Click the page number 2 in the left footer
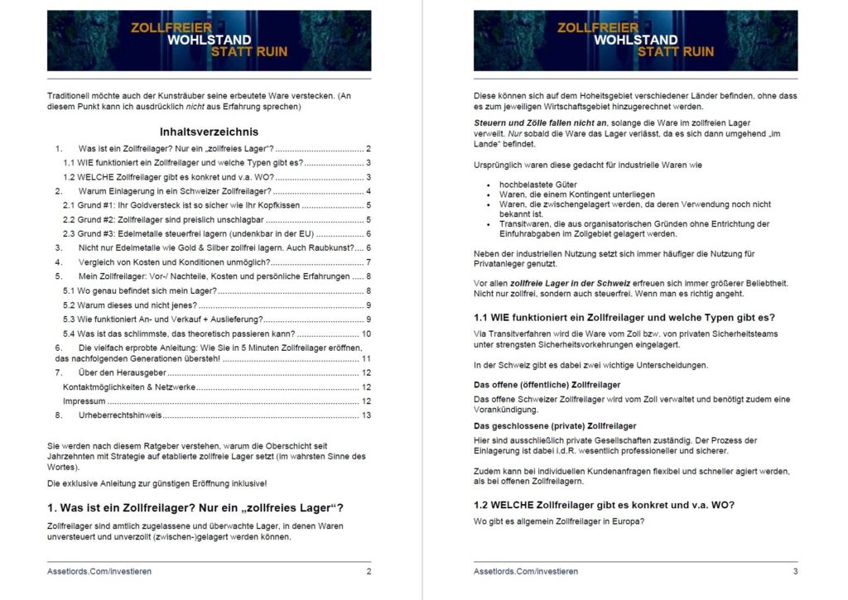coord(369,571)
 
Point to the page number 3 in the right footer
coord(795,571)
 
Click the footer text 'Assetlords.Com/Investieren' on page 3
coord(526,571)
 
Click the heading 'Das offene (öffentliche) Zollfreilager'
coord(547,385)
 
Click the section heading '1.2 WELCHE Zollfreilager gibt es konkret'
coord(604,505)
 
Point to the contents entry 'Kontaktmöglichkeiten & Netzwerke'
coord(129,386)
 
